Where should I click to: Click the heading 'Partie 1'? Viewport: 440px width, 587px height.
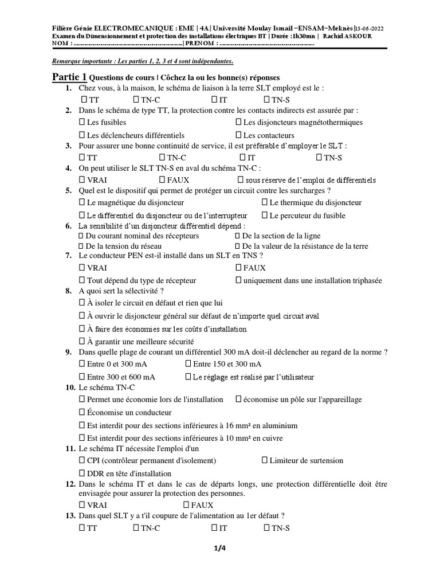pos(69,77)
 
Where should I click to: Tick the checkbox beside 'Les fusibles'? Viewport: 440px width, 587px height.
pos(81,122)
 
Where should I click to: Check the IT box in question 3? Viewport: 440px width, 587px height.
pos(243,157)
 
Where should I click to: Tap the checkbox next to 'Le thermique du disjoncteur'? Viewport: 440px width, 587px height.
pos(265,202)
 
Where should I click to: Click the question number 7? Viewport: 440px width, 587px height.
pos(68,255)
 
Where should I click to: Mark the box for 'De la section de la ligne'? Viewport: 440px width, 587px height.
pos(238,236)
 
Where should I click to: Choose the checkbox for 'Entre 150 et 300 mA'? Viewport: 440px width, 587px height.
pos(188,364)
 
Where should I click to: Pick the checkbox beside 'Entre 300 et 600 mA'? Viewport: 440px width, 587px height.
pos(81,377)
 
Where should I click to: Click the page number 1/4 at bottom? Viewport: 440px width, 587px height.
pos(220,549)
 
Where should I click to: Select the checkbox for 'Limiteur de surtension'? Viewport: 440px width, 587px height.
pos(265,460)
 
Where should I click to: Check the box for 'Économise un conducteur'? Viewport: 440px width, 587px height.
pos(81,412)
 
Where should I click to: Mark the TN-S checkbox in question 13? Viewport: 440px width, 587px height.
pos(266,529)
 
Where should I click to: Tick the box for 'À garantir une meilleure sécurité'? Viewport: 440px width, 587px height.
pos(81,341)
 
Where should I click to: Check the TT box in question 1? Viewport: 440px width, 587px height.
pos(81,100)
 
